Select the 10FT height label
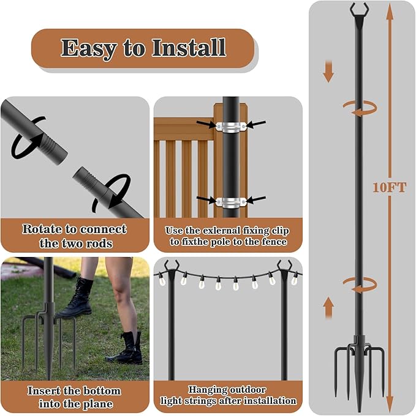tap(389, 188)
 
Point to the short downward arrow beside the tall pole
tap(328, 71)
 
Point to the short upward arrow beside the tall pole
tap(328, 306)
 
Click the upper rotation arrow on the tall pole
tap(359, 108)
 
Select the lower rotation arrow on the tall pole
tap(359, 283)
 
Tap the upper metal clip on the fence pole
tap(231, 126)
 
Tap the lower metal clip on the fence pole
tap(231, 201)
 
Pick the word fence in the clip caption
tap(270, 242)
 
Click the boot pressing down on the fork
tap(79, 297)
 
